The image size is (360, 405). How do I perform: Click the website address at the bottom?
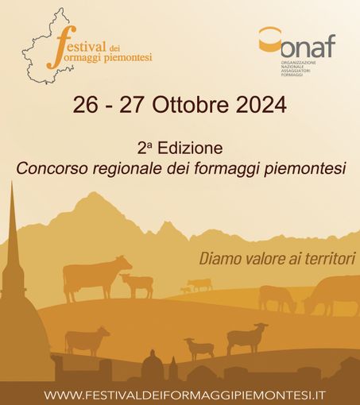coord(180,395)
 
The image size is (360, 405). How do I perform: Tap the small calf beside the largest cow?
coord(137,283)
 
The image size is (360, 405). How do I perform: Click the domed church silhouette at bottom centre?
coord(152,367)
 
